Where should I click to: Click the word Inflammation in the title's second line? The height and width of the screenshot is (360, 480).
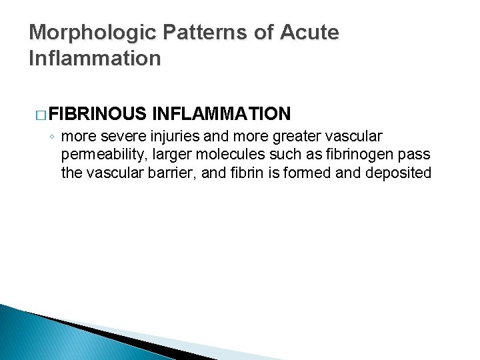coord(95,58)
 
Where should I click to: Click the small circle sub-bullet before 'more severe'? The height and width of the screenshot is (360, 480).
coord(51,137)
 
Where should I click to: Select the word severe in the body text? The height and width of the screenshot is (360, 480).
coord(115,137)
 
